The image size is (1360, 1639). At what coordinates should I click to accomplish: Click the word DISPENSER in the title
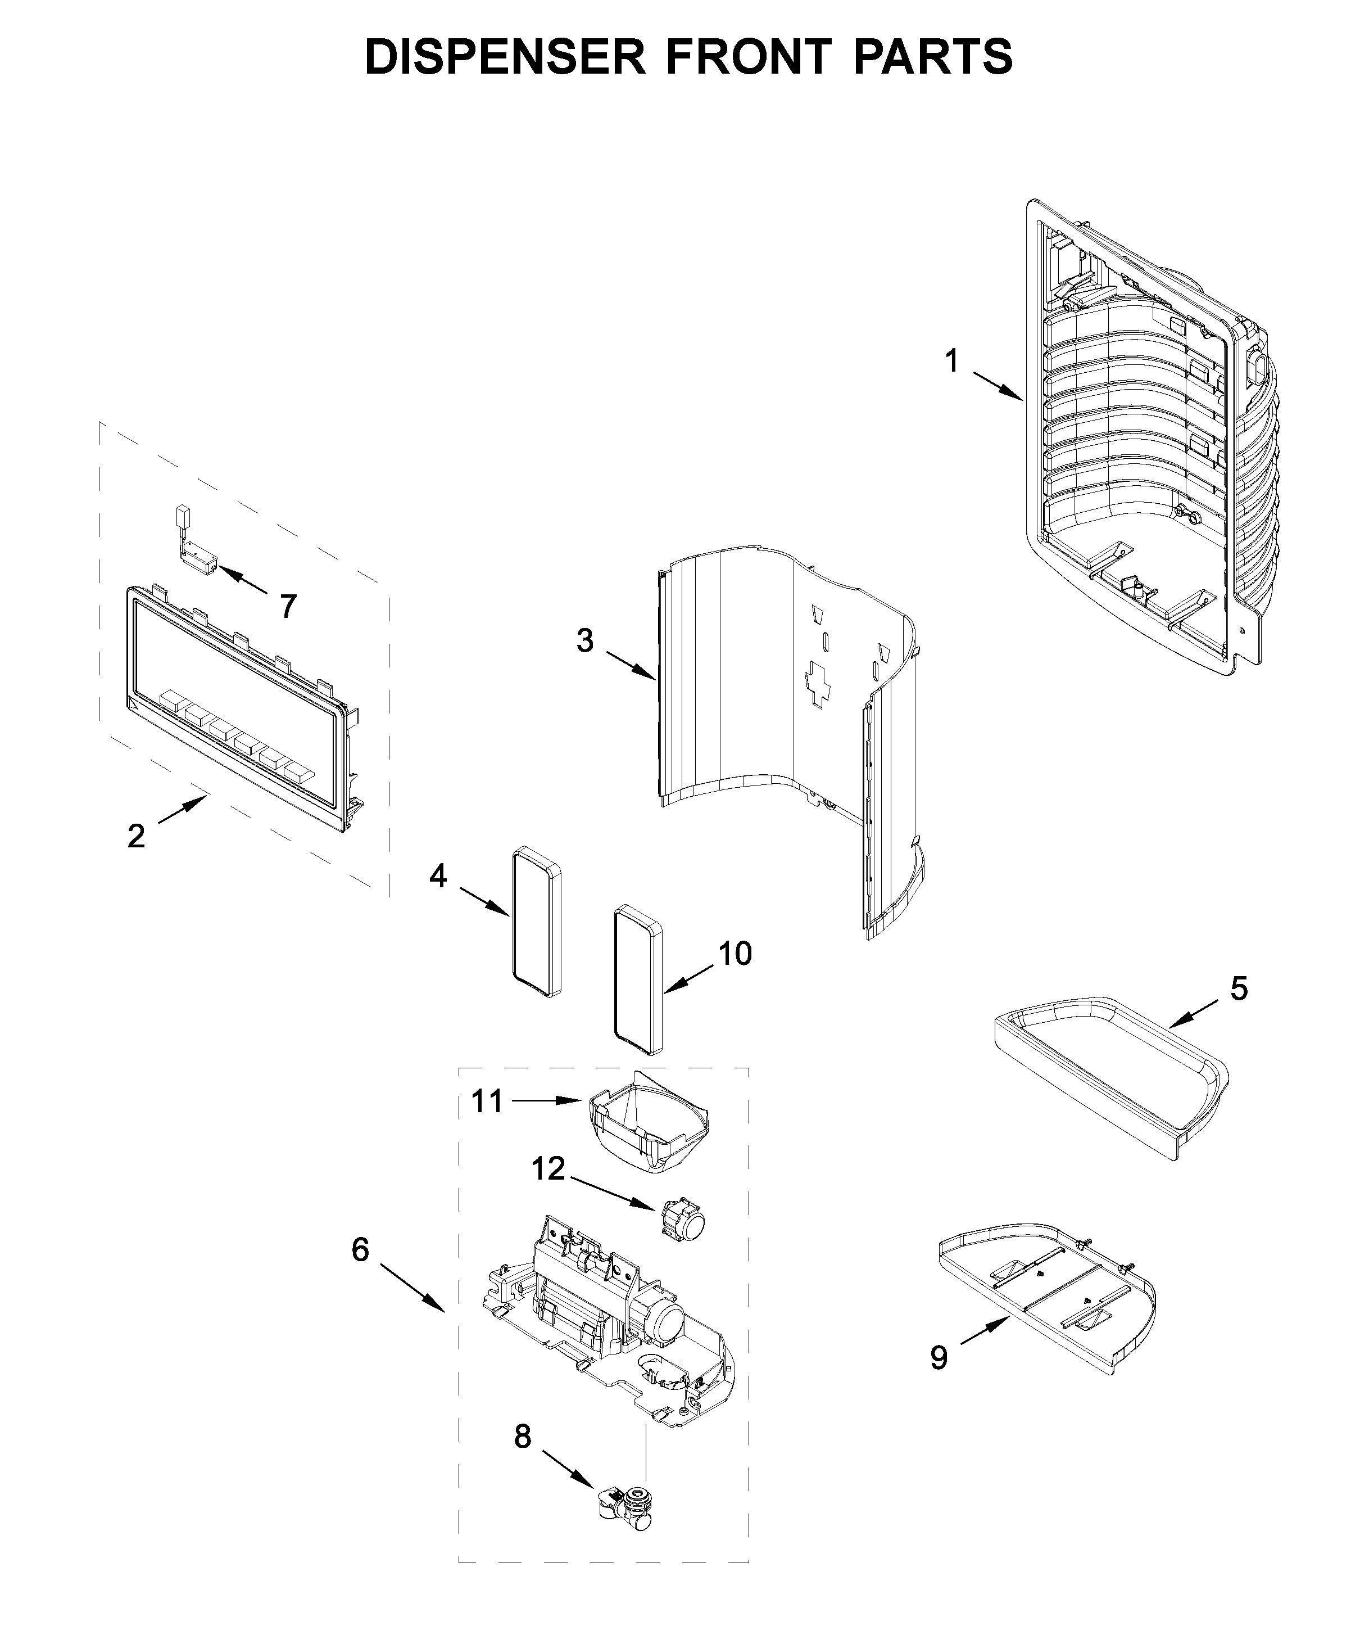pos(505,57)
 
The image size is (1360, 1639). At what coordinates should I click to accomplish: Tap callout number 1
pos(951,362)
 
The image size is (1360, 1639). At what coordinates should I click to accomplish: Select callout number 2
pos(136,836)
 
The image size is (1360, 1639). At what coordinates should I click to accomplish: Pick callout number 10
pos(735,953)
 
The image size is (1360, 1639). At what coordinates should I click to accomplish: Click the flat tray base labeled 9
pos(1045,1295)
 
